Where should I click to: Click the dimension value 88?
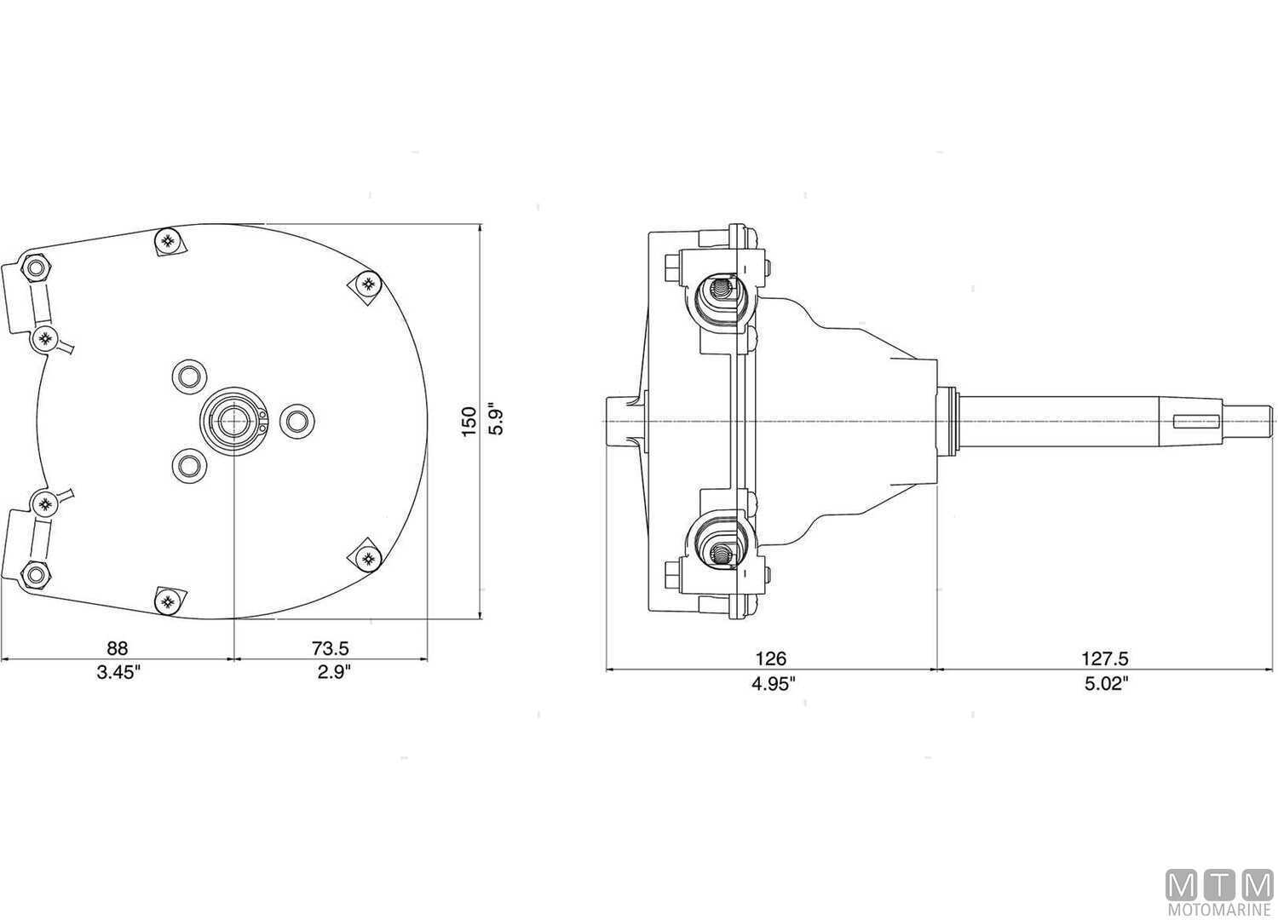click(x=117, y=649)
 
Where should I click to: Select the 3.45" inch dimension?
click(x=118, y=672)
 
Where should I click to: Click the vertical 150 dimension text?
click(x=469, y=422)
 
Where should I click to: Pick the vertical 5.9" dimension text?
click(x=496, y=418)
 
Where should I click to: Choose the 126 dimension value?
click(x=771, y=658)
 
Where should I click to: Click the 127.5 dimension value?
click(x=1105, y=658)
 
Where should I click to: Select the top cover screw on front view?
click(x=167, y=241)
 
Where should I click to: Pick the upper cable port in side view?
click(x=721, y=294)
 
